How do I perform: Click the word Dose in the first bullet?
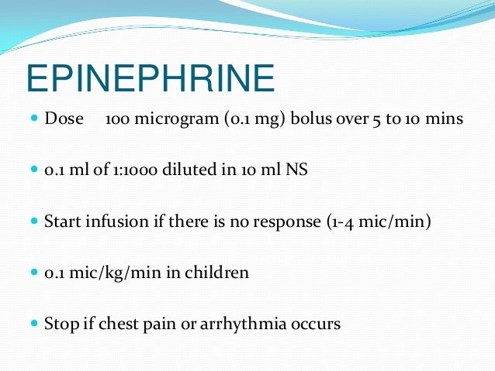[x=64, y=120]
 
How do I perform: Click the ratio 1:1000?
[x=128, y=170]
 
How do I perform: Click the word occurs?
[x=316, y=325]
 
